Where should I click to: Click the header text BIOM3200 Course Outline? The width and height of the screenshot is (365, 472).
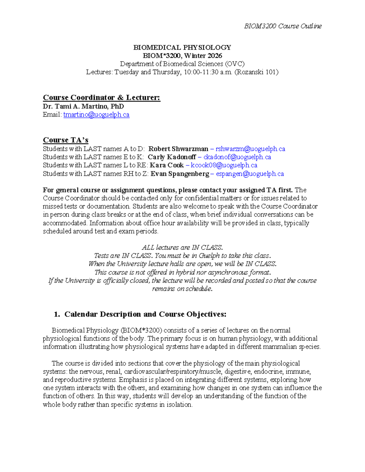(283, 26)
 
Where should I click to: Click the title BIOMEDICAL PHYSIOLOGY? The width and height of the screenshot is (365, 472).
(182, 47)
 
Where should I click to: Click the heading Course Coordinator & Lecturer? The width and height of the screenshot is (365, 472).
(101, 98)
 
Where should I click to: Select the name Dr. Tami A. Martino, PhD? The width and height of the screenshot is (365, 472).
(83, 106)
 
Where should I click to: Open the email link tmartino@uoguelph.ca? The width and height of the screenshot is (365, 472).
(96, 115)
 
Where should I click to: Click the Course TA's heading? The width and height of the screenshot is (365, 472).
(65, 140)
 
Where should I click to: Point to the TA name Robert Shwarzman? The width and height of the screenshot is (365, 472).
(178, 149)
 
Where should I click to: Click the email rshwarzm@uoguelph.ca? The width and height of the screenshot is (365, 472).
(250, 149)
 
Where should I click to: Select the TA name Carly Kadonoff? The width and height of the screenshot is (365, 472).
(172, 157)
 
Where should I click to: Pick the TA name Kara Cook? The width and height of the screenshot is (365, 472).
(167, 165)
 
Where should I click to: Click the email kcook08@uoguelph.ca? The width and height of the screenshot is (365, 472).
(224, 165)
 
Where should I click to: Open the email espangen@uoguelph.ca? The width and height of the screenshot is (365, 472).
(250, 174)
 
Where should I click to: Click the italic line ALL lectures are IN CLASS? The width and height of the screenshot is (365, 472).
(182, 247)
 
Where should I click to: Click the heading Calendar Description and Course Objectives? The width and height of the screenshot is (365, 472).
(145, 314)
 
